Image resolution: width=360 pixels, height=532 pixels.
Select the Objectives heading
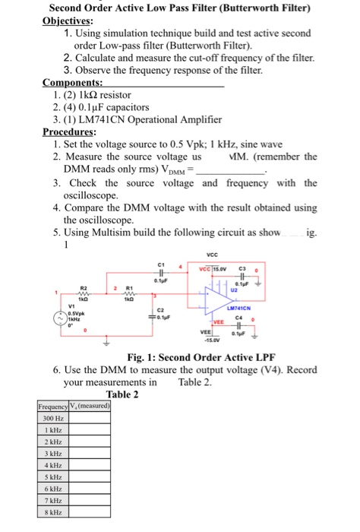(74, 21)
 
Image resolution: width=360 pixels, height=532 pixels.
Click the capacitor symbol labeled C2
(159, 315)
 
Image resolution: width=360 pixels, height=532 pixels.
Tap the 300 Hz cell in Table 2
(52, 418)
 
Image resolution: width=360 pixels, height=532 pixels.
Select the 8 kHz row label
(52, 515)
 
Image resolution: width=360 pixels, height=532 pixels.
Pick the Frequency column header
(52, 406)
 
